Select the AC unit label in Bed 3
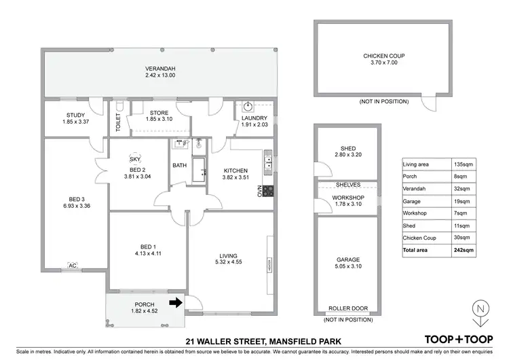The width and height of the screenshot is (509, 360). pos(73,266)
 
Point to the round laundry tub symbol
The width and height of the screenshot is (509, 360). pos(248,107)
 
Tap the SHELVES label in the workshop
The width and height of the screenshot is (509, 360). pos(347,185)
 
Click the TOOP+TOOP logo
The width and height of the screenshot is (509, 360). pos(457,338)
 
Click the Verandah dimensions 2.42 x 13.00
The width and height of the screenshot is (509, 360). pos(160,75)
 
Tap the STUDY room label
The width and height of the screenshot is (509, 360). pos(75,115)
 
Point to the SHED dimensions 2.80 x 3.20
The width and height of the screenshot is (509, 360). pos(347,155)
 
